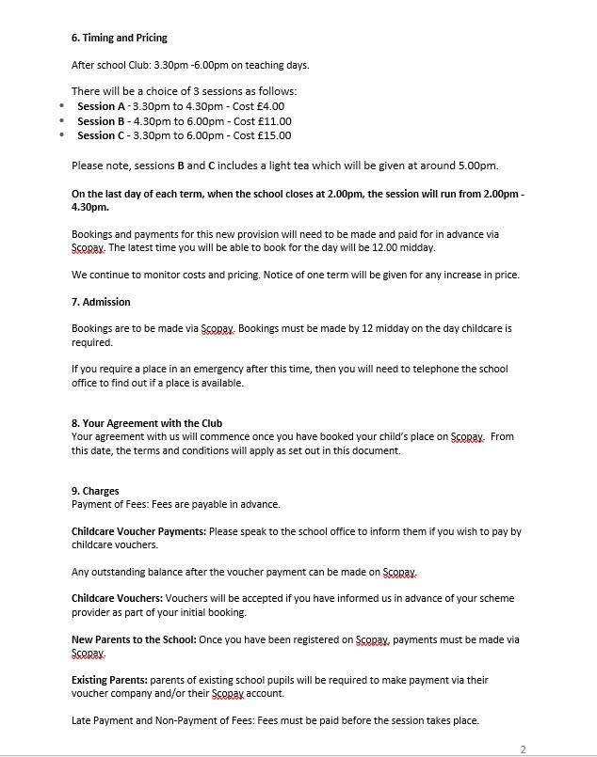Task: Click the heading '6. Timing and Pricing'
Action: pyautogui.click(x=120, y=39)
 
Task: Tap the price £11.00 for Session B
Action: pyautogui.click(x=273, y=121)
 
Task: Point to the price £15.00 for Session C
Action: pyautogui.click(x=273, y=135)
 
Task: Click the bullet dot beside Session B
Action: pyautogui.click(x=62, y=121)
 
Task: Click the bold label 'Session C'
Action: pyautogui.click(x=101, y=135)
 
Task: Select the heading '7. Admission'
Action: pyautogui.click(x=101, y=302)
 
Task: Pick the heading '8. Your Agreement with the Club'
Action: pyautogui.click(x=147, y=423)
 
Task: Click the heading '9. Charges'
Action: pyautogui.click(x=95, y=491)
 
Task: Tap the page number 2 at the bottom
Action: pyautogui.click(x=523, y=749)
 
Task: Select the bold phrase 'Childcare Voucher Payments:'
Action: pyautogui.click(x=138, y=531)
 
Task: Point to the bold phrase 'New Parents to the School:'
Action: pyautogui.click(x=134, y=639)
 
